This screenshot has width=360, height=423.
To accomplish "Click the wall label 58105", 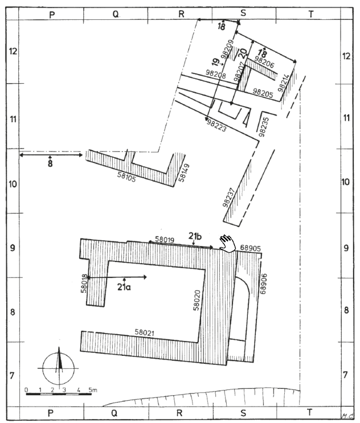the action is [126, 176].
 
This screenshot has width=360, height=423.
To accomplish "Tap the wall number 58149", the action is [184, 173].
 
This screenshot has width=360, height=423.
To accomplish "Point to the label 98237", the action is [228, 198].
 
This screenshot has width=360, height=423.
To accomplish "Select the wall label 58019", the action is [165, 240].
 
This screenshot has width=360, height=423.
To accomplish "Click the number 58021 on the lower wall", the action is [145, 332].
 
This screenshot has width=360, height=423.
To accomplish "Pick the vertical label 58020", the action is [197, 300].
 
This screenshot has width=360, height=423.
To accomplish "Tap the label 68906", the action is [263, 284].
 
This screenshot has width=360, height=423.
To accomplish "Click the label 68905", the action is [251, 248].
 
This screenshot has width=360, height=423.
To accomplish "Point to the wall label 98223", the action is [216, 125].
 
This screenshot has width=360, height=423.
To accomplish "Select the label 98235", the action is [264, 127].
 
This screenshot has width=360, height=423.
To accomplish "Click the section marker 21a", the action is [124, 287].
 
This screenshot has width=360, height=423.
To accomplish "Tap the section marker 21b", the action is [195, 236].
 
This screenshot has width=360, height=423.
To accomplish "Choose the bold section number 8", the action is [50, 163].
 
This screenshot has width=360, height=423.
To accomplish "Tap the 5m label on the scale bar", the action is [93, 390].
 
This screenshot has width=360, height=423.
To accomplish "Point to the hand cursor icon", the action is [227, 243].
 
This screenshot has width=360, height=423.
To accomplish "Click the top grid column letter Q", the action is [116, 14].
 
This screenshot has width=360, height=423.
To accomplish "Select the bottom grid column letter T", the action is [309, 412].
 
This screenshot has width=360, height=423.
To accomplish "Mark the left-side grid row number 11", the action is [13, 119].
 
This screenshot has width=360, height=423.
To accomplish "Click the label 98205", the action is [263, 93].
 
